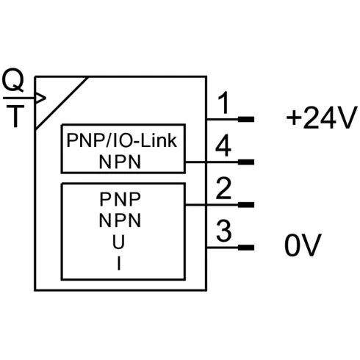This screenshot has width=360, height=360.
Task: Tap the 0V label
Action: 303,246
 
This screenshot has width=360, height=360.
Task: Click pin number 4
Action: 223,147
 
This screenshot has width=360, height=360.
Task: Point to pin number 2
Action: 223,190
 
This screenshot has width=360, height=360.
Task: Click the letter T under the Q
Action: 13,118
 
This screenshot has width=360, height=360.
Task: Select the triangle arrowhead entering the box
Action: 40,98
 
